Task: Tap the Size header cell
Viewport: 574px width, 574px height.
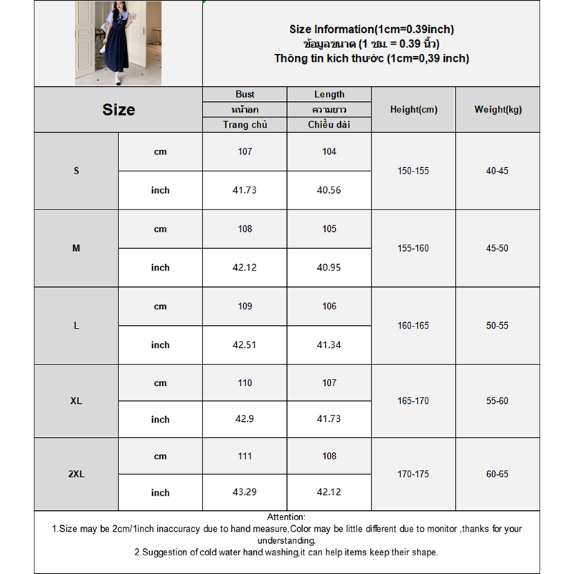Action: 118,110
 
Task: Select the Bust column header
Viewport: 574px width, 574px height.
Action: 245,95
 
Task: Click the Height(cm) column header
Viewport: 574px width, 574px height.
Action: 413,110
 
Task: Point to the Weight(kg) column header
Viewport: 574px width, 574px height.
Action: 498,110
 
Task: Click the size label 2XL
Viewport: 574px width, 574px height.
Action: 76,474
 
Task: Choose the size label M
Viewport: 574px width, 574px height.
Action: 76,248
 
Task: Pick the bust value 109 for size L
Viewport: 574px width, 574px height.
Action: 245,306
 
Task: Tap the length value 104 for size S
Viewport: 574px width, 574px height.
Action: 329,151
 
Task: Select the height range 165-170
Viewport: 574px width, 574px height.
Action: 413,401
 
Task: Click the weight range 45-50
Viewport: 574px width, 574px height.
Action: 497,248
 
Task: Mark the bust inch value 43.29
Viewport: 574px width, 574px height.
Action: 245,493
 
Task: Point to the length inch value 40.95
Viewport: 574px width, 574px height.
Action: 329,268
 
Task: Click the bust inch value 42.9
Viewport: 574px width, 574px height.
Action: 245,420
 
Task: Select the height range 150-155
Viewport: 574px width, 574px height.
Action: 413,171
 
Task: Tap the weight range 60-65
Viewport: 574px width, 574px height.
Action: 497,474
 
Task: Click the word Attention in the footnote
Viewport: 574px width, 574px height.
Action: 286,517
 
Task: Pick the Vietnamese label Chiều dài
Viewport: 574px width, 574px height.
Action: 329,125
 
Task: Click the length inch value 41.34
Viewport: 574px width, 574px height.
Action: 329,345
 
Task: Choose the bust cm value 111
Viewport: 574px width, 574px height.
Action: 245,456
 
